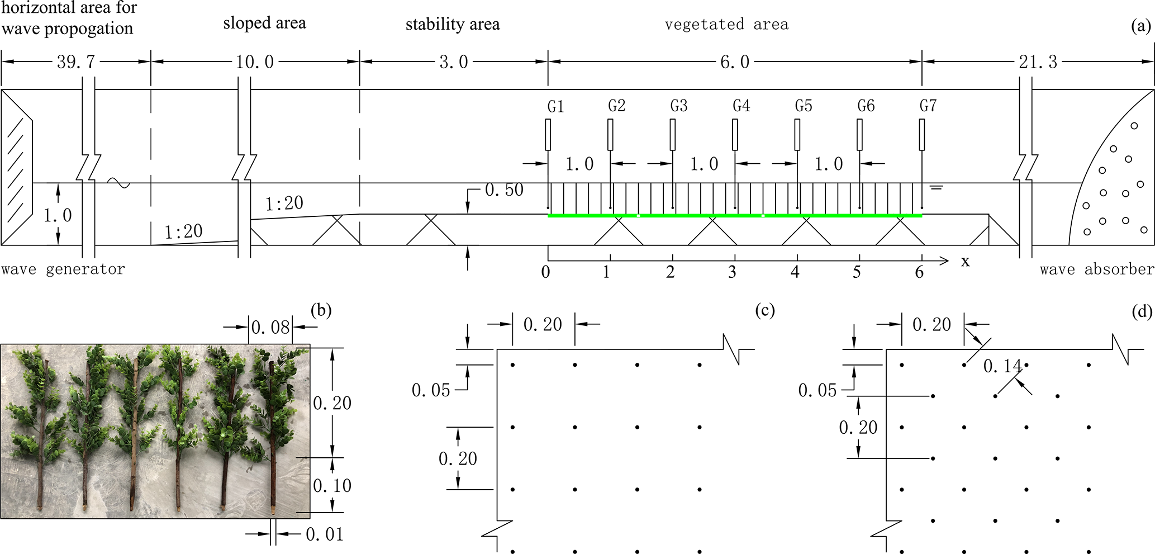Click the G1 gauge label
tap(555, 106)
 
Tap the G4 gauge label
tap(741, 106)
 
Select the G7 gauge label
tap(928, 106)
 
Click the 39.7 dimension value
tap(76, 62)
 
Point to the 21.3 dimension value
tap(1038, 62)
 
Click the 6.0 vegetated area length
tap(735, 62)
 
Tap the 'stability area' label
tap(453, 25)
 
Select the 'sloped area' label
tap(264, 23)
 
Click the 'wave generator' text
tap(63, 269)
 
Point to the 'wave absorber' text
tap(1097, 269)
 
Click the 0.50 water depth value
tap(504, 190)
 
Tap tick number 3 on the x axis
tap(732, 273)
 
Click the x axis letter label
tap(965, 262)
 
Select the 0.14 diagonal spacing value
tap(1002, 366)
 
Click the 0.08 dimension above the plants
tap(270, 327)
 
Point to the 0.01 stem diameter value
tap(325, 534)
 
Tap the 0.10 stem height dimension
tap(332, 485)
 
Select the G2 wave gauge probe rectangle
tap(611, 135)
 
